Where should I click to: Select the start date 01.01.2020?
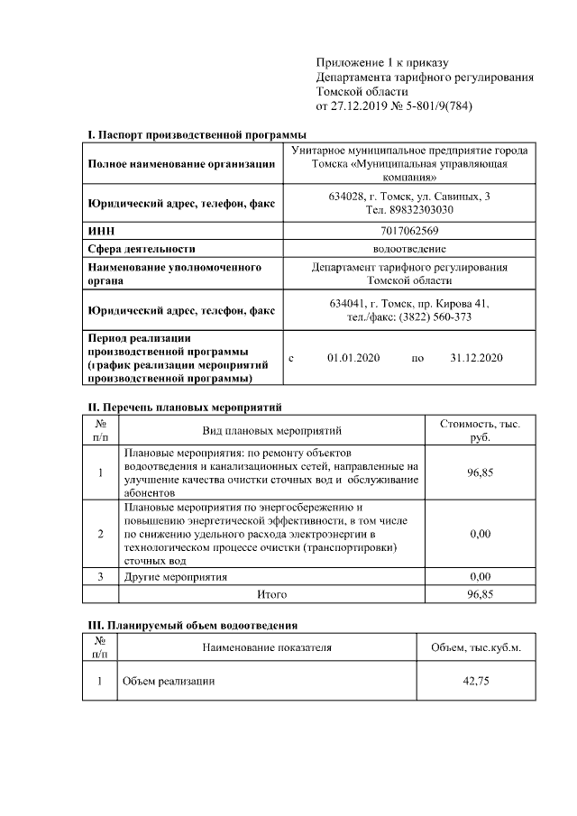353,358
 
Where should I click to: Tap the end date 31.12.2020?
476,358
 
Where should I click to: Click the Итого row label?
271,594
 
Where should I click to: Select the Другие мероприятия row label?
176,576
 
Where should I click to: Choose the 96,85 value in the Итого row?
480,594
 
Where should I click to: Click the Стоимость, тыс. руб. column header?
480,430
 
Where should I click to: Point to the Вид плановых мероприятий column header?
271,431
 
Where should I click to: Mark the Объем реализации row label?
169,681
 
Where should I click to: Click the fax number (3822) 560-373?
433,316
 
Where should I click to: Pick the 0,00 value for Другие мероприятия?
480,576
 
